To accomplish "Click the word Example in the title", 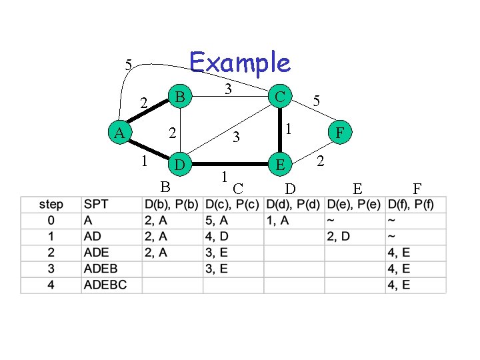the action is (x=240, y=63).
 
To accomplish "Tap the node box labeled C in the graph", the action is (x=281, y=97).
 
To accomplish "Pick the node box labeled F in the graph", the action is (x=340, y=133).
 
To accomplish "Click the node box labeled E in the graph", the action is (x=281, y=163).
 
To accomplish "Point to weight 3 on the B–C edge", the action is (x=227, y=88).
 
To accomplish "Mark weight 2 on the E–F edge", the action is (x=321, y=161).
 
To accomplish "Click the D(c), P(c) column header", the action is (x=233, y=204).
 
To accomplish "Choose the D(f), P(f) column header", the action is (x=415, y=204).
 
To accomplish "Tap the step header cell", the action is (x=51, y=204).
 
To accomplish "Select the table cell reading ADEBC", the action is (x=105, y=285).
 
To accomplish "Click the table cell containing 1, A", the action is (x=277, y=221).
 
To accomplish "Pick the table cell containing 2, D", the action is (x=339, y=237).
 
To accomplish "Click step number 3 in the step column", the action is (x=51, y=269).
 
